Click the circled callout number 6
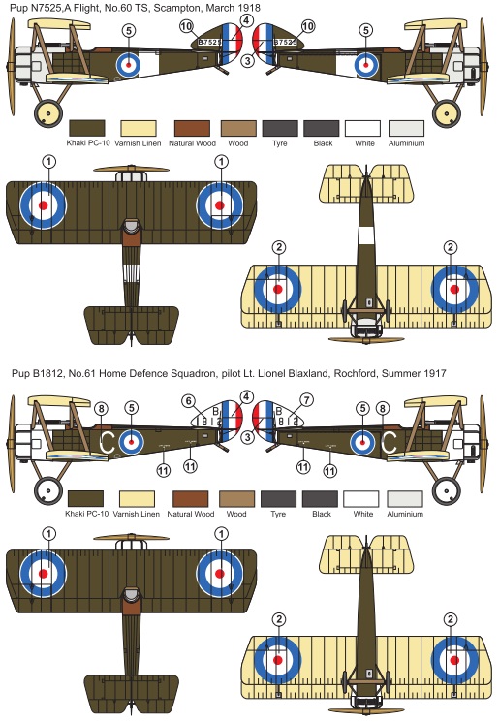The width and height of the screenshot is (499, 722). (188, 401)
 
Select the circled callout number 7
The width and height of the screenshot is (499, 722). (307, 400)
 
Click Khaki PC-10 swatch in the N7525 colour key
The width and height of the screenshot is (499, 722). (86, 128)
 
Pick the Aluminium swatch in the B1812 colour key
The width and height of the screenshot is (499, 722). (405, 499)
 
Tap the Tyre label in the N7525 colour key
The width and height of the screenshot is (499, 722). (279, 143)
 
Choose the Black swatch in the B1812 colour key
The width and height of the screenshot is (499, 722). (320, 499)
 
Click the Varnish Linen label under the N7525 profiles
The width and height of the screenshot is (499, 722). (138, 143)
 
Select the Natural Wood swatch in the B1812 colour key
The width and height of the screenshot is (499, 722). (190, 499)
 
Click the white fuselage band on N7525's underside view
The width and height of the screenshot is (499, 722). (366, 235)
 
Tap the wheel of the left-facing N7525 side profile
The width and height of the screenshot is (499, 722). (47, 112)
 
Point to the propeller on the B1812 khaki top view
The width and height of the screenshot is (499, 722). (131, 537)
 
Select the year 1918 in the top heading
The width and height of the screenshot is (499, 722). (249, 8)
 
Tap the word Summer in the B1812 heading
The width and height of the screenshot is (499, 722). (400, 373)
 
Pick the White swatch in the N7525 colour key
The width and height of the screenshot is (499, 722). (362, 128)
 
